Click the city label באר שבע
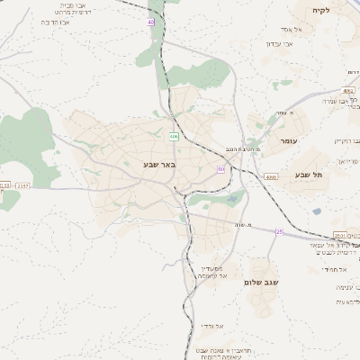(158, 165)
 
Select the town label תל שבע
(308, 175)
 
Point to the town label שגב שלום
(261, 282)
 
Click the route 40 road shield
(150, 21)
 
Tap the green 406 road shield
(174, 137)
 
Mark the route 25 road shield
(279, 232)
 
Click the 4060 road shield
(271, 177)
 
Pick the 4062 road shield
(348, 91)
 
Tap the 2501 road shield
(340, 235)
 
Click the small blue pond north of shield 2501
(316, 212)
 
